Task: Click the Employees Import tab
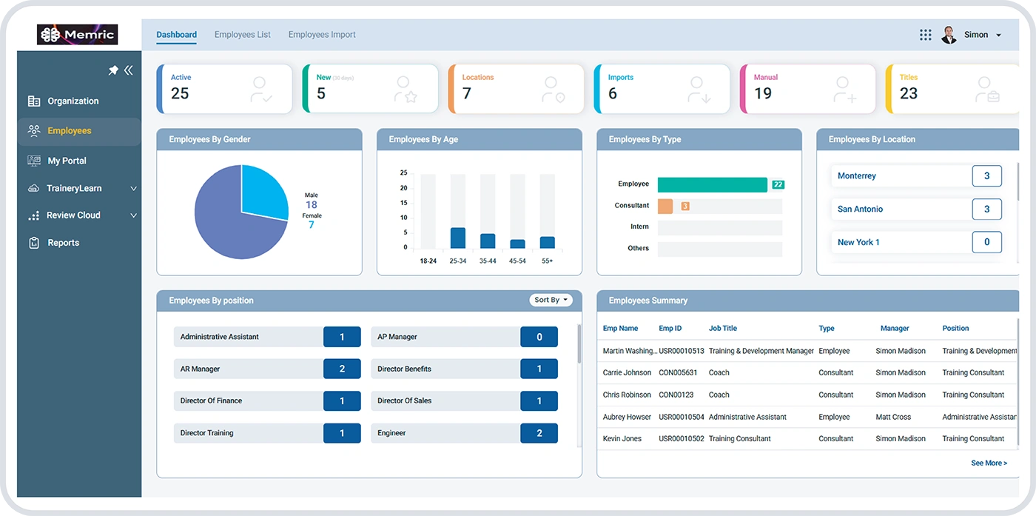[x=322, y=35]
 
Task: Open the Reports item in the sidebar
[x=63, y=243]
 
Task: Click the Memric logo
[x=78, y=35]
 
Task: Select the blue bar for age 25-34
[x=458, y=238]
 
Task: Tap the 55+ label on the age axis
[x=547, y=261]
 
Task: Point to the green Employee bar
[x=712, y=184]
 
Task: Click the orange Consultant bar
[x=665, y=207]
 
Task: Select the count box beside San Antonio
[x=986, y=210]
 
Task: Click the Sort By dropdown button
[x=551, y=300]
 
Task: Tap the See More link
[x=989, y=463]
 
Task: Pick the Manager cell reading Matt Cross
[x=893, y=418]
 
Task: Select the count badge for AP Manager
[x=539, y=337]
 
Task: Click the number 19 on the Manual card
[x=763, y=94]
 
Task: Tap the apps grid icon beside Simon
[x=925, y=35]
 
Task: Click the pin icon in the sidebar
[x=113, y=70]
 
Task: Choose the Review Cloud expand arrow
[x=134, y=215]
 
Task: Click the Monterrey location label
[x=856, y=176]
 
